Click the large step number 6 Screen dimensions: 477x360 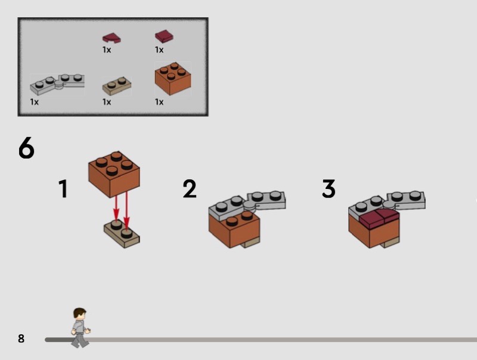pos(26,147)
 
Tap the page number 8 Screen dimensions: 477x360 pos(21,339)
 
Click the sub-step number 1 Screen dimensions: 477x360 pos(63,188)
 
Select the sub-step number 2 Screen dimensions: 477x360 pos(190,188)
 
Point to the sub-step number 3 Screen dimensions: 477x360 pos(329,188)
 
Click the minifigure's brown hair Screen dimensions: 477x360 pos(79,312)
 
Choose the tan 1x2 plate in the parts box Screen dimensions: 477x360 pos(117,86)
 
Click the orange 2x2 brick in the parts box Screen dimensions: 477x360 pos(173,79)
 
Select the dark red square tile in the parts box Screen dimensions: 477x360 pos(165,36)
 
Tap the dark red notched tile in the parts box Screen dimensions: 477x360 pos(111,38)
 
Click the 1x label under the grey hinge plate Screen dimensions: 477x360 pos(35,102)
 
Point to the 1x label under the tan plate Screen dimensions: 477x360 pos(107,102)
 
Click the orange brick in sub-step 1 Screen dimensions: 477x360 pos(114,175)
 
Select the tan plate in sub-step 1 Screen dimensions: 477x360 pos(122,235)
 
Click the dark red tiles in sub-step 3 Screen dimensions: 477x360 pos(379,219)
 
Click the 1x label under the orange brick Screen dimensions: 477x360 pos(159,102)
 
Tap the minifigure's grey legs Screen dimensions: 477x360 pos(80,340)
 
